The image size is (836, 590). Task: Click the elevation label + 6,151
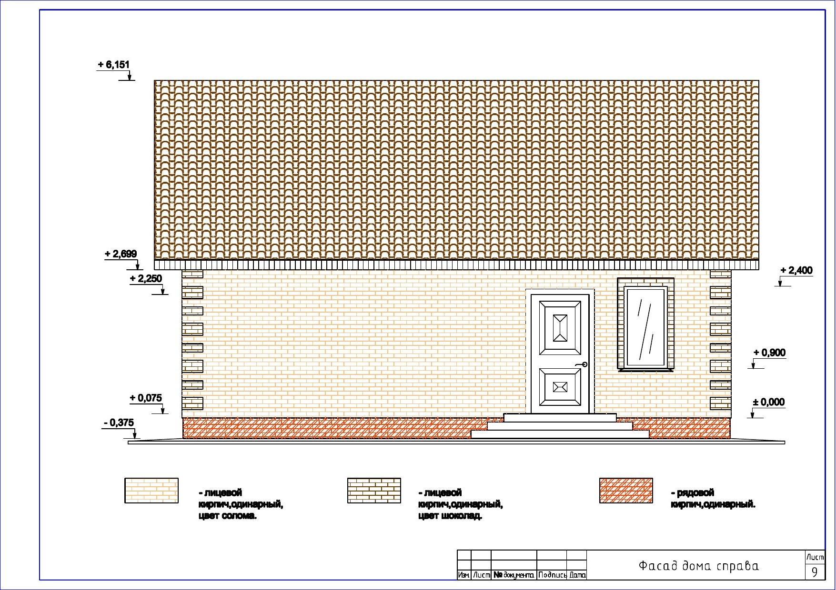pos(113,64)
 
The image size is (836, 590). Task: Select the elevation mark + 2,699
pos(121,254)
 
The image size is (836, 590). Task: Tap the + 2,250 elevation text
pos(146,279)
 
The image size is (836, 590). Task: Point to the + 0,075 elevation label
pos(146,398)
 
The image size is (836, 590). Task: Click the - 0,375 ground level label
pos(119,423)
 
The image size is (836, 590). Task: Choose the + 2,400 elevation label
pos(796,271)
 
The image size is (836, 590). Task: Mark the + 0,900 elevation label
pos(769,353)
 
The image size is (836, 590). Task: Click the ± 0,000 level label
pos(768,403)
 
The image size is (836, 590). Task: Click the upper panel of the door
pos(560,328)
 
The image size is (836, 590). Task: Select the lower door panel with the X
pos(560,387)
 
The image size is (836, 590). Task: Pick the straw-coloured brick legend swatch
pos(151,491)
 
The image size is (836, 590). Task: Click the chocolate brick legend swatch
pos(374,491)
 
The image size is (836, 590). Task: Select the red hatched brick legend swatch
pos(626,491)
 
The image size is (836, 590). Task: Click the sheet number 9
pos(815,572)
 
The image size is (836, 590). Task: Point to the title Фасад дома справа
pos(698,566)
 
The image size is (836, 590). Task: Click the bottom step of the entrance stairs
pos(560,434)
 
